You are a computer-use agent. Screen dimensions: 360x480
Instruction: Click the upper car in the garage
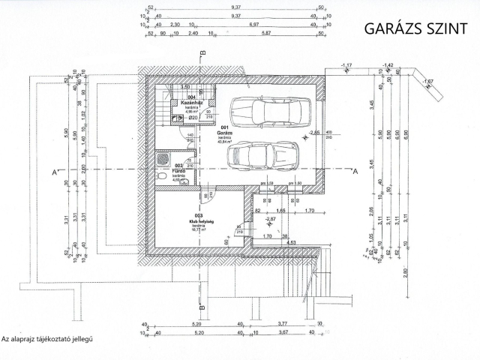coord(270,112)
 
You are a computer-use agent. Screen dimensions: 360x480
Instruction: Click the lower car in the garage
coord(263,156)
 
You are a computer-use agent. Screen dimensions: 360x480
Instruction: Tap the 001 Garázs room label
coord(225,133)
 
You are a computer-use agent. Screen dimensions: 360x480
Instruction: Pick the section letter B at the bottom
coord(202,305)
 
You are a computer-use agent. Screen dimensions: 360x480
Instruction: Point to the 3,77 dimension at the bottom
coord(283,324)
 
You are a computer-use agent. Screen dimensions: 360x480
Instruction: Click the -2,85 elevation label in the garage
coord(314,132)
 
